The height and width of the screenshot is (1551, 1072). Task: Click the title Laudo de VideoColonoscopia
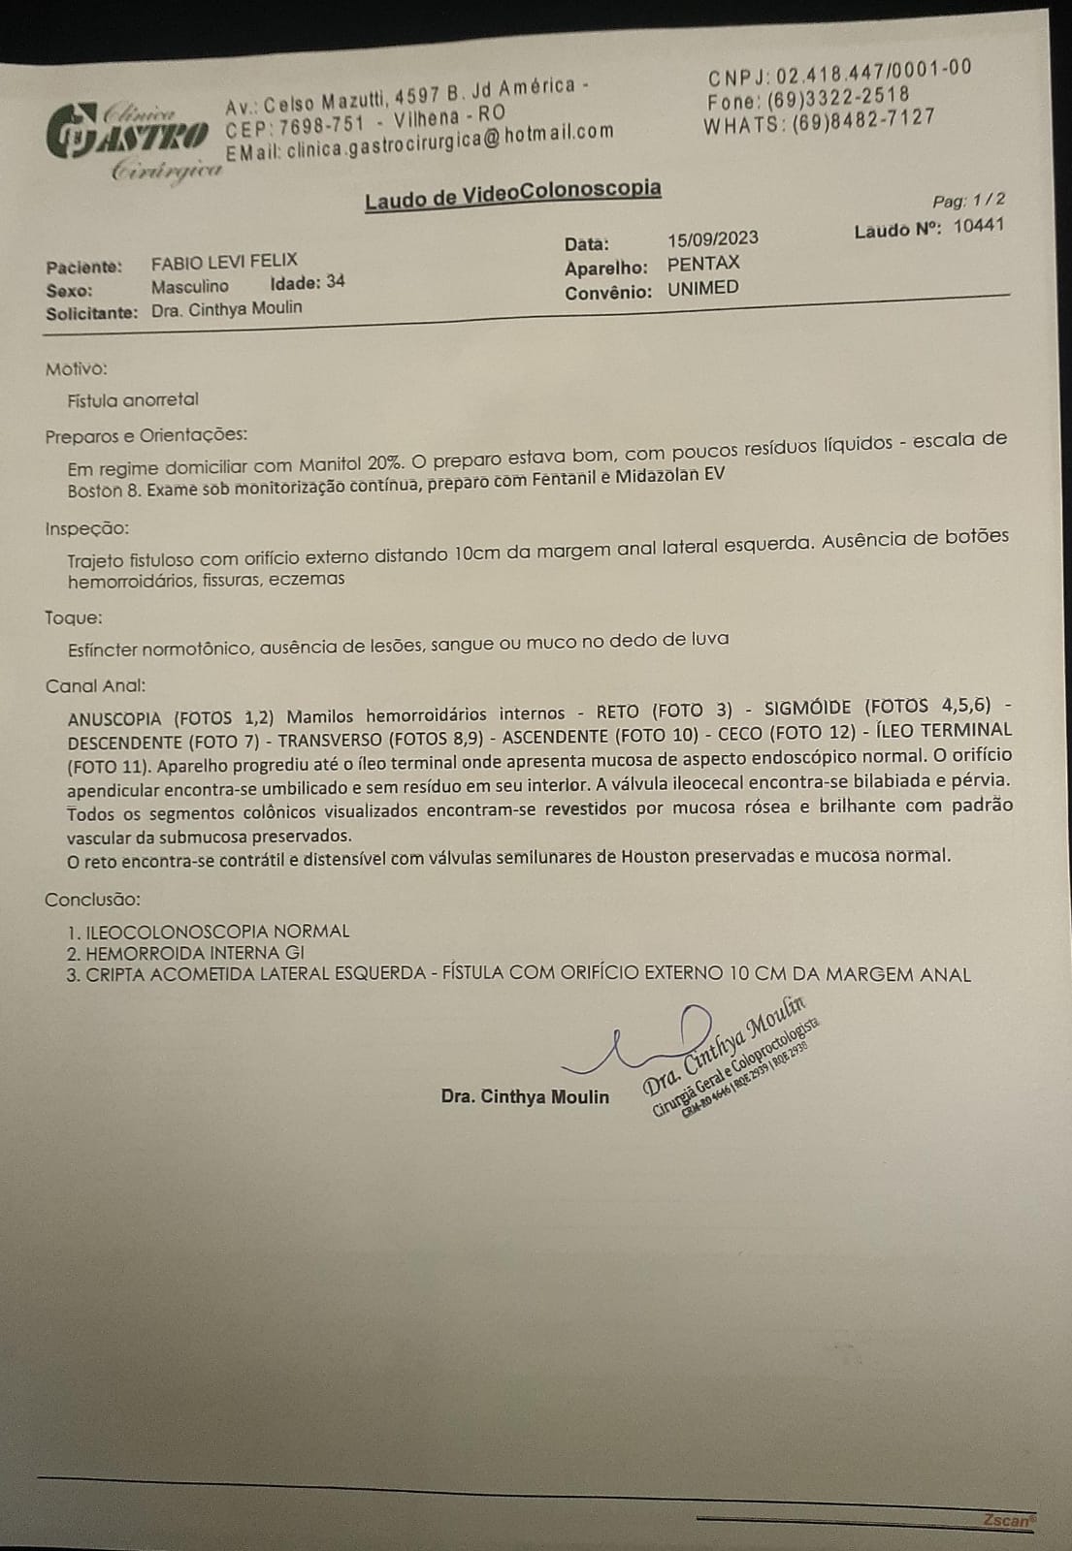(513, 194)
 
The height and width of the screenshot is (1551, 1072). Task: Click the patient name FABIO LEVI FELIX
(224, 261)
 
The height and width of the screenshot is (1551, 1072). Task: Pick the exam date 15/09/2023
(713, 238)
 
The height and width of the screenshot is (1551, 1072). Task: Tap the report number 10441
(978, 226)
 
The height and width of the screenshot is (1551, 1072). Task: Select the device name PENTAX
(703, 264)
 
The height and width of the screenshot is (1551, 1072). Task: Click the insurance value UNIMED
(702, 288)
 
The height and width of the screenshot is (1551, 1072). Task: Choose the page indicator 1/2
(989, 200)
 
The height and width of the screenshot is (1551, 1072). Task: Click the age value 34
(335, 282)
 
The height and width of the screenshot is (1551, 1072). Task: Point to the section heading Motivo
(77, 368)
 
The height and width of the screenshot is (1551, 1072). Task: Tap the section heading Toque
(74, 617)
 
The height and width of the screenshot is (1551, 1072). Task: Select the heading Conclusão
(92, 900)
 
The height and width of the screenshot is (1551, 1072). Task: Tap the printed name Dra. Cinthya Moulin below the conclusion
(525, 1096)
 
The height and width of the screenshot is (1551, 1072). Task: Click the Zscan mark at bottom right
(1008, 1520)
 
